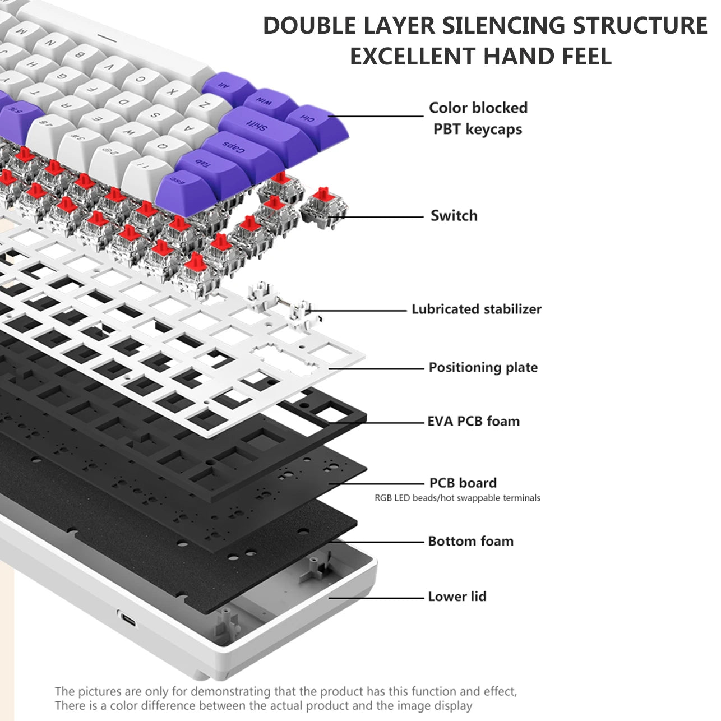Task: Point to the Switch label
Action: pos(454,216)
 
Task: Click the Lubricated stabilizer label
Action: pos(476,309)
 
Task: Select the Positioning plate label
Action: pos(483,368)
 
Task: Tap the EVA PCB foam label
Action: pos(473,422)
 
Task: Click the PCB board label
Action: pos(463,483)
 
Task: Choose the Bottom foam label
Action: pos(470,542)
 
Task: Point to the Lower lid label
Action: pos(457,597)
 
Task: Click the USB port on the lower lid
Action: pos(129,620)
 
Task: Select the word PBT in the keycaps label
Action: pos(447,130)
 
